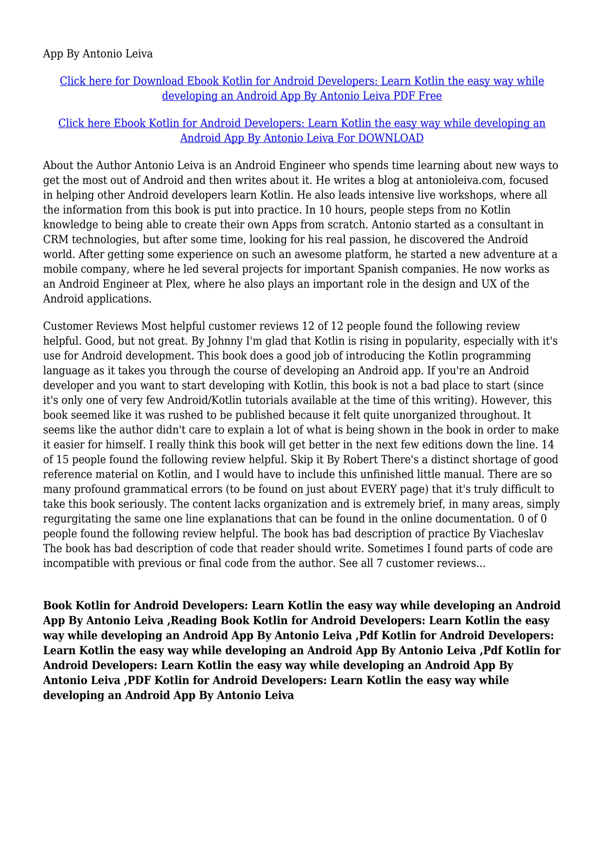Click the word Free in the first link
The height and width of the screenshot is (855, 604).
[x=430, y=96]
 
